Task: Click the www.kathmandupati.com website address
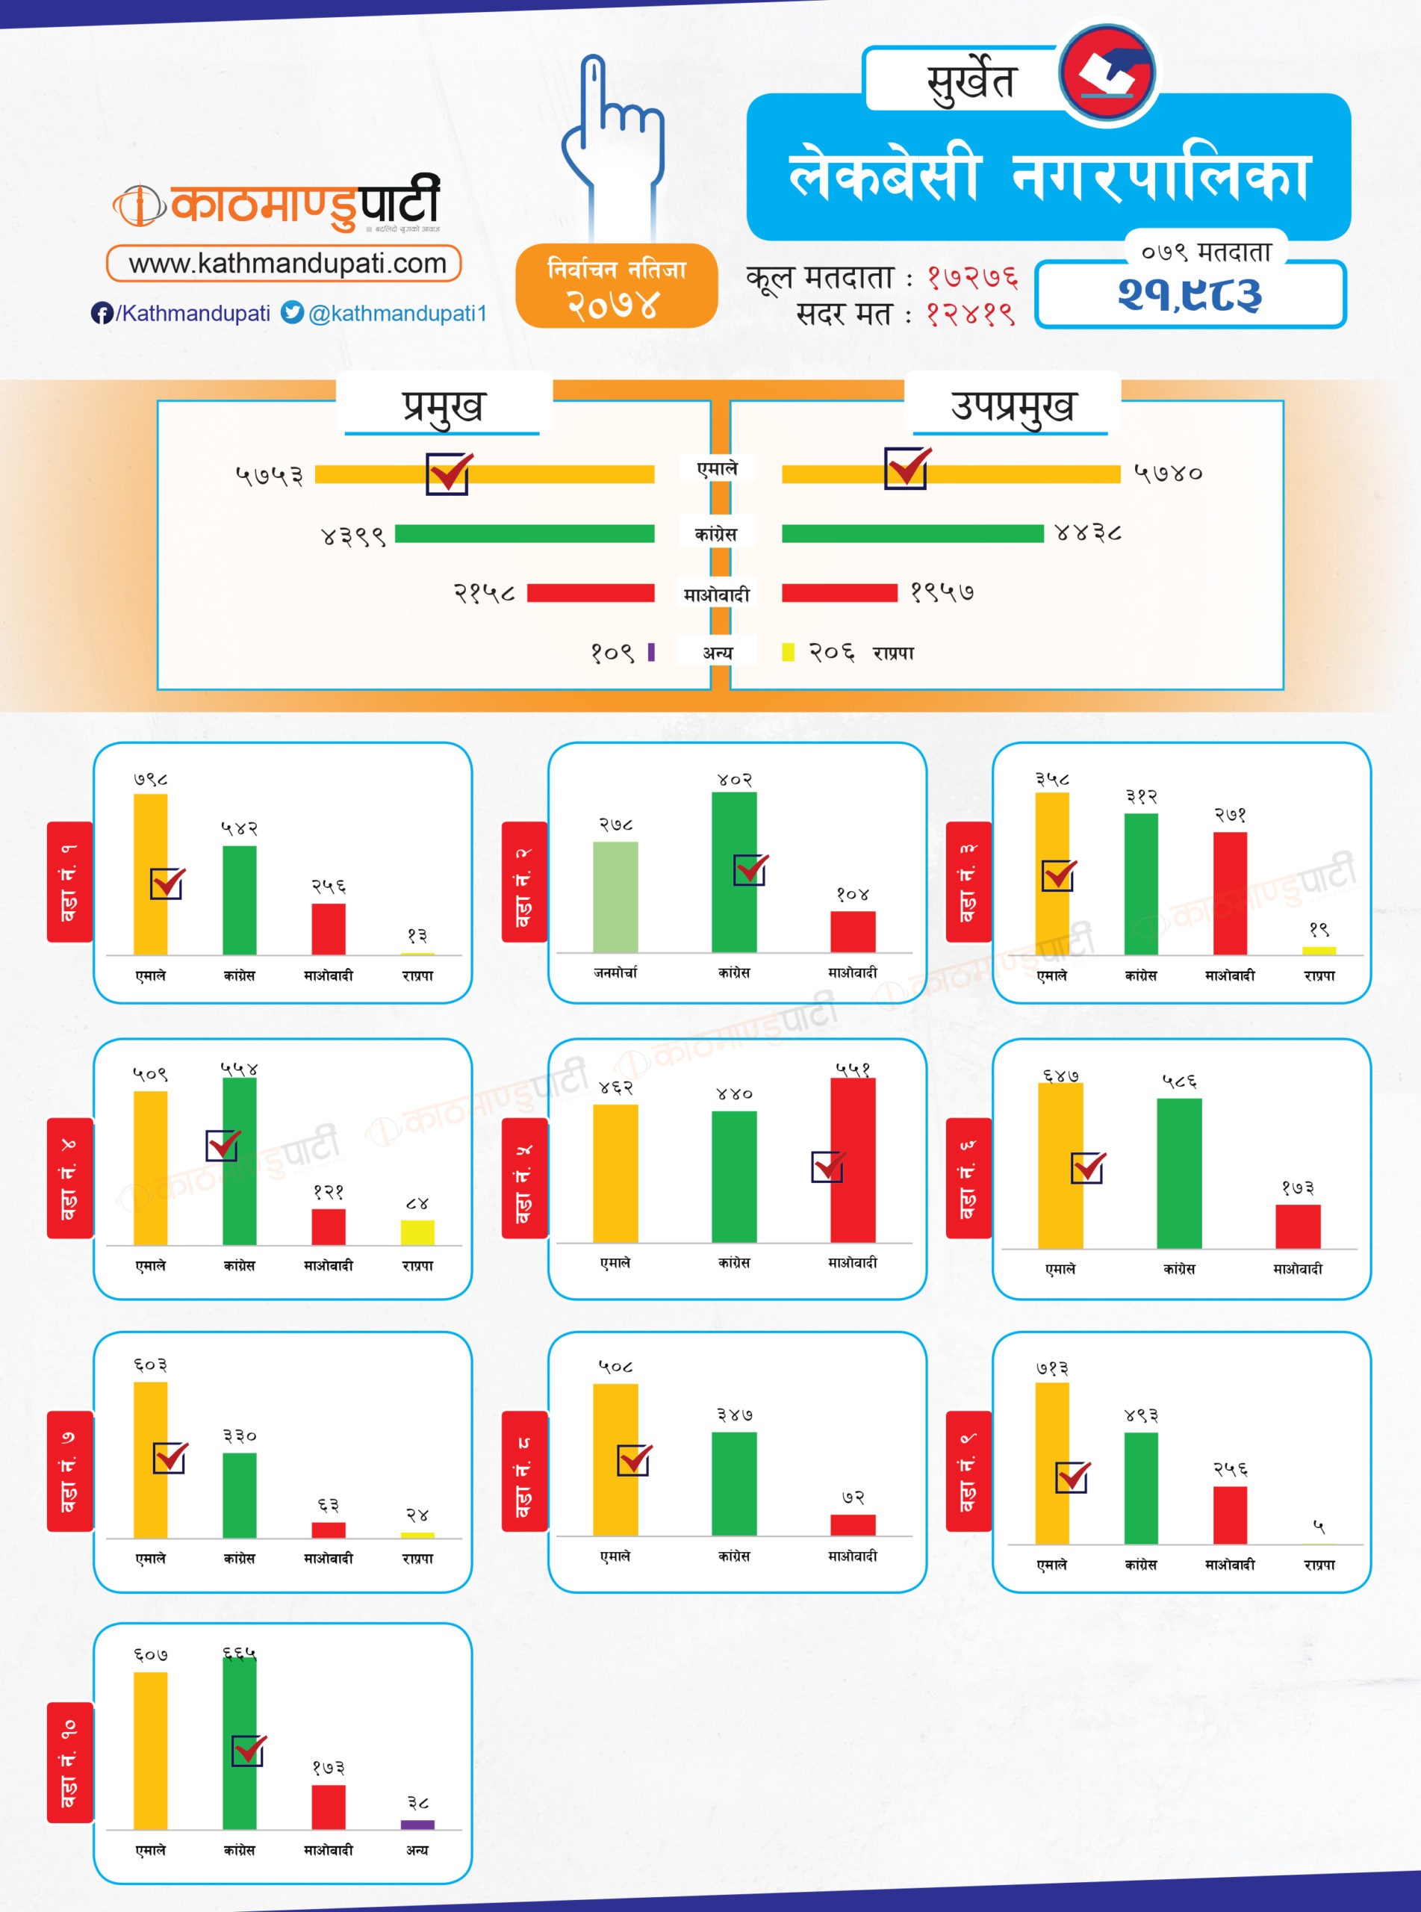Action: click(287, 263)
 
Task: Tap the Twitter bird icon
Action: click(293, 312)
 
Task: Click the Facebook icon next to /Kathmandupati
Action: click(102, 313)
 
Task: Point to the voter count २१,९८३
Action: click(1190, 295)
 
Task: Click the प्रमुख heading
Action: click(443, 406)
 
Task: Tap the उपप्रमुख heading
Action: click(1013, 406)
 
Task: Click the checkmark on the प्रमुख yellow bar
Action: click(448, 473)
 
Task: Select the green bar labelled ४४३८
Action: click(912, 534)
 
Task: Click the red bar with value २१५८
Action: click(590, 592)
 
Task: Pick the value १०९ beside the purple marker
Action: click(612, 653)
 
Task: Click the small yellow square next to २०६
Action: click(788, 652)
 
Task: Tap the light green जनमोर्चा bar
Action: click(615, 896)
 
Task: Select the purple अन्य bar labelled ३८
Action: click(417, 1825)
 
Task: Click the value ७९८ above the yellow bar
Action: click(151, 779)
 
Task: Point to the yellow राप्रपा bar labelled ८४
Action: click(417, 1232)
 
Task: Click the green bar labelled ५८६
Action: click(1178, 1173)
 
